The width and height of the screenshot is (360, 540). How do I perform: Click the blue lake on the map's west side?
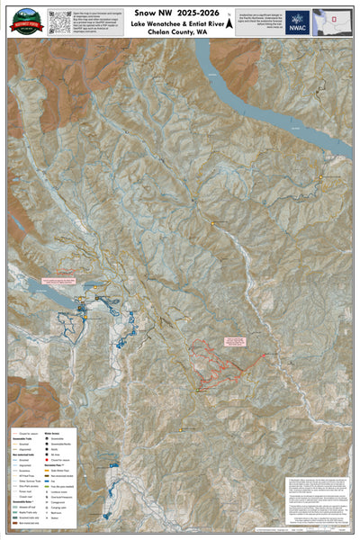[36, 291]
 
